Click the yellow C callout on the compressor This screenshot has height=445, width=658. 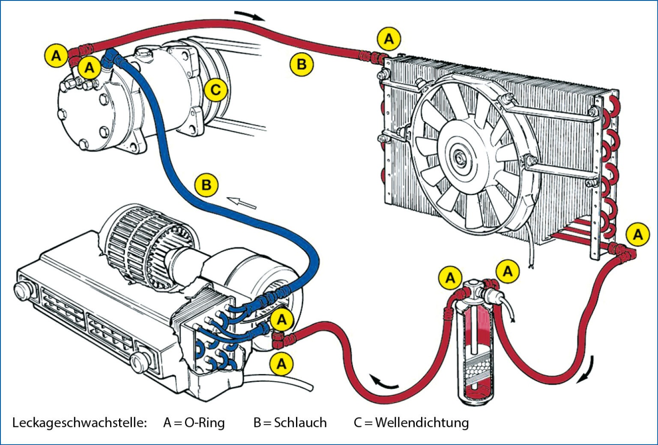215,90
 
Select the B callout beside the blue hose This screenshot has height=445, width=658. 206,185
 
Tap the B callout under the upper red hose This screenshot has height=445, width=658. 302,64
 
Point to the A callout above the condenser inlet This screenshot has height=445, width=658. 389,39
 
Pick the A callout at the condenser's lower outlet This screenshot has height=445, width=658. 638,234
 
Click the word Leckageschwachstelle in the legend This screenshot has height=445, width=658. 80,423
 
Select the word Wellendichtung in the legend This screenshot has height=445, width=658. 422,423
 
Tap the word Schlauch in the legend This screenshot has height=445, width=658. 300,423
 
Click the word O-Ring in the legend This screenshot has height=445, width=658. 205,423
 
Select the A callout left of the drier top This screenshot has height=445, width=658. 450,278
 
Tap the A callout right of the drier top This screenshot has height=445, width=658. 508,271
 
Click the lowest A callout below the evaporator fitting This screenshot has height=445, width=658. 281,364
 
